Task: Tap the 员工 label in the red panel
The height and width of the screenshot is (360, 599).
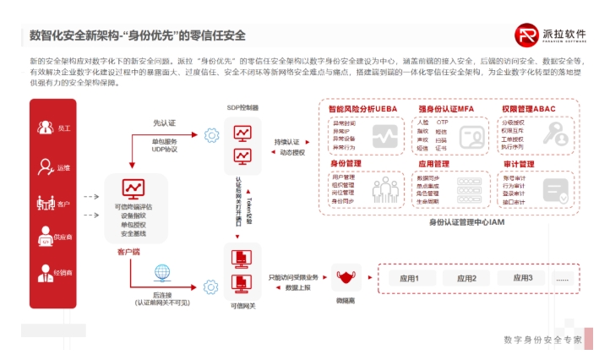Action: pyautogui.click(x=65, y=128)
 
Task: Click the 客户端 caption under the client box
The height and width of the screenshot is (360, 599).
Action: pyautogui.click(x=128, y=251)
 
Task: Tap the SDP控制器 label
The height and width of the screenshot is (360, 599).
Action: pyautogui.click(x=242, y=108)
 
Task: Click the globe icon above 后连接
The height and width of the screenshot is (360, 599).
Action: pyautogui.click(x=161, y=272)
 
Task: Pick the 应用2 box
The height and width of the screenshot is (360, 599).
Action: pyautogui.click(x=466, y=278)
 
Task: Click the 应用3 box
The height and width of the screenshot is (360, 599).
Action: pyautogui.click(x=523, y=278)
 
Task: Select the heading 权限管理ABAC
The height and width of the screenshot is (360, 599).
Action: pyautogui.click(x=529, y=110)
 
